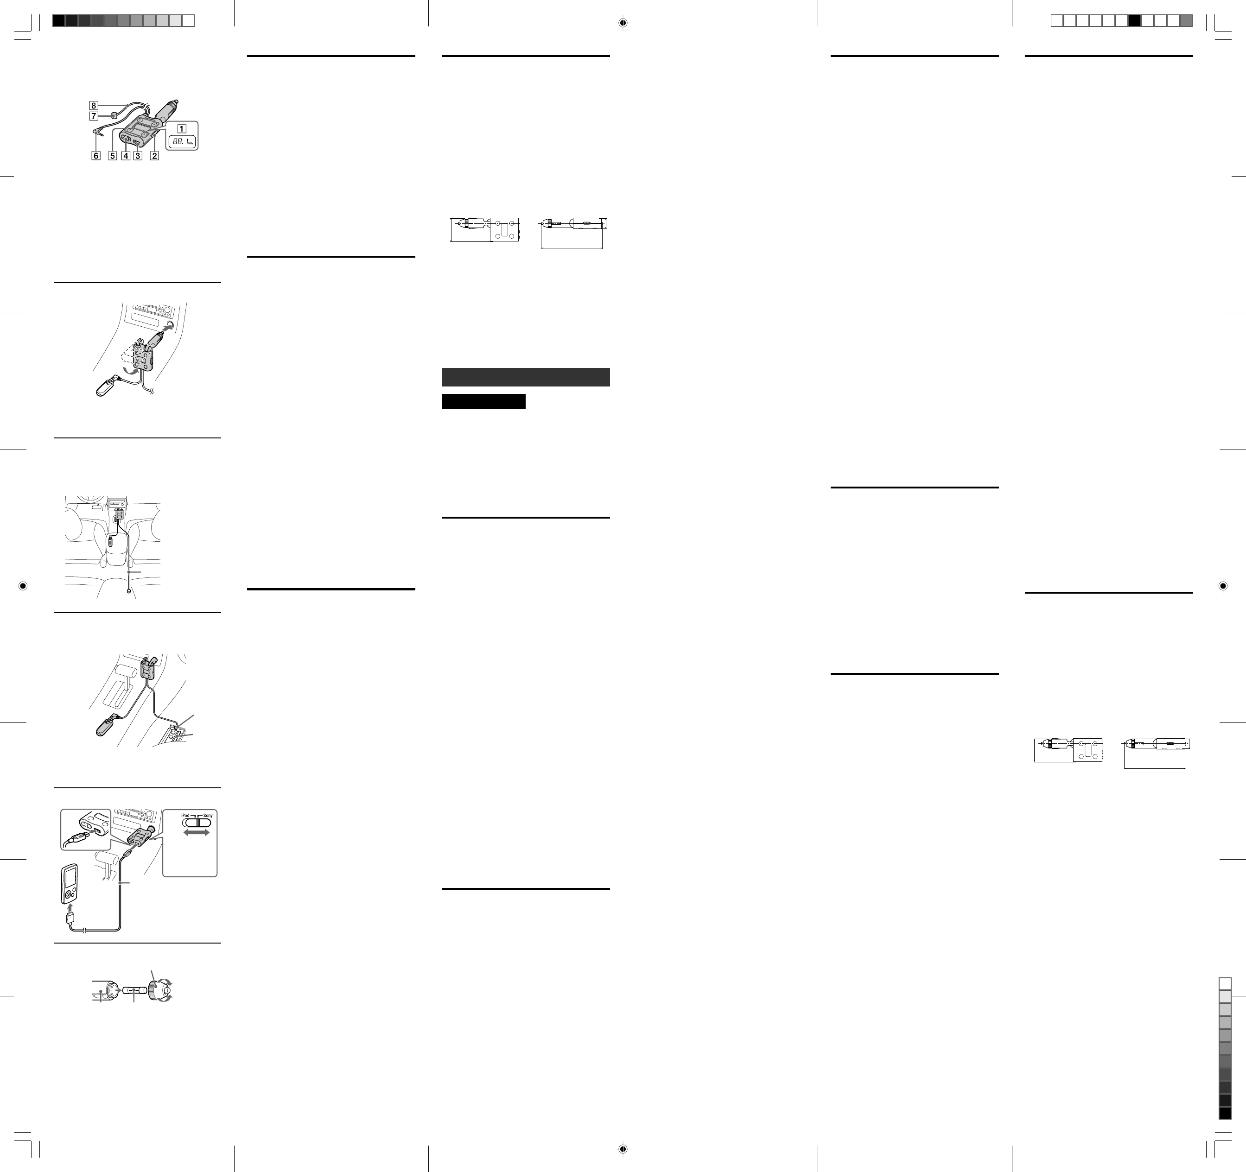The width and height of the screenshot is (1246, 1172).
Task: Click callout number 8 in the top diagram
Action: (93, 105)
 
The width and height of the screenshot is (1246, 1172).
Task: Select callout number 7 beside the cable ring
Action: (93, 116)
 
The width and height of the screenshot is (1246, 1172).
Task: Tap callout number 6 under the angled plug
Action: (96, 155)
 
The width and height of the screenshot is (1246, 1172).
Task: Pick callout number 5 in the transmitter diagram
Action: (113, 155)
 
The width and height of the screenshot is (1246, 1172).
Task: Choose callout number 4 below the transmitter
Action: (126, 155)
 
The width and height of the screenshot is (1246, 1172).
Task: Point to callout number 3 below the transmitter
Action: (138, 155)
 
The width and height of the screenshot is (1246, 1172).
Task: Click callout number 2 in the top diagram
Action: (154, 155)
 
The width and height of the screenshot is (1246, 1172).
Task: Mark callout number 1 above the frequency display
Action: (181, 128)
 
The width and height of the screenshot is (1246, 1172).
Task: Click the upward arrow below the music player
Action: (70, 907)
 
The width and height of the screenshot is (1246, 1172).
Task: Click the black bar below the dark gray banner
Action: (483, 401)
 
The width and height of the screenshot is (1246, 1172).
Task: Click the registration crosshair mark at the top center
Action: (623, 23)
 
